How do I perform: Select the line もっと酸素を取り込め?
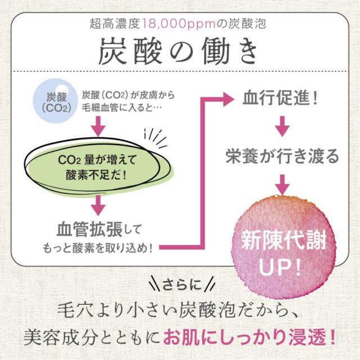click(x=98, y=247)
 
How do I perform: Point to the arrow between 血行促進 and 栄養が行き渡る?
click(x=282, y=127)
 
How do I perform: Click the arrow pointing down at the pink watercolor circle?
click(x=282, y=184)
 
